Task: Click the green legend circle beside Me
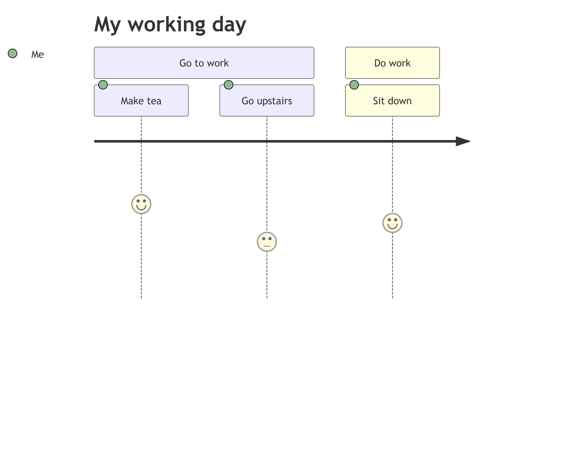click(x=13, y=54)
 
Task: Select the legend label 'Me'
click(x=37, y=54)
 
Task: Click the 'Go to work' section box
click(x=204, y=63)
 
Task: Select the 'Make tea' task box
click(x=141, y=101)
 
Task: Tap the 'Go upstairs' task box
click(x=267, y=101)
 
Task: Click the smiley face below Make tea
click(x=141, y=204)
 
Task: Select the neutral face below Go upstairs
click(x=267, y=242)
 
